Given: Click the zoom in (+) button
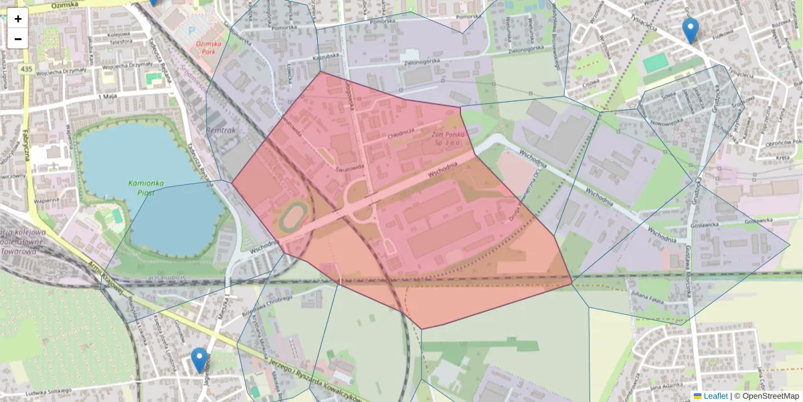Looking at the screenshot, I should (x=18, y=19).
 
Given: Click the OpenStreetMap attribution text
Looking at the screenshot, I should (x=770, y=396).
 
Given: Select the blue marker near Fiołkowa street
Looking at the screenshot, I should (x=690, y=31).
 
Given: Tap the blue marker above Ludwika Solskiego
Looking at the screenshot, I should (x=199, y=360).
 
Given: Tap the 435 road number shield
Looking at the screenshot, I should (x=26, y=69).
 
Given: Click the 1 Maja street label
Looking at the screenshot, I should (x=107, y=96).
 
